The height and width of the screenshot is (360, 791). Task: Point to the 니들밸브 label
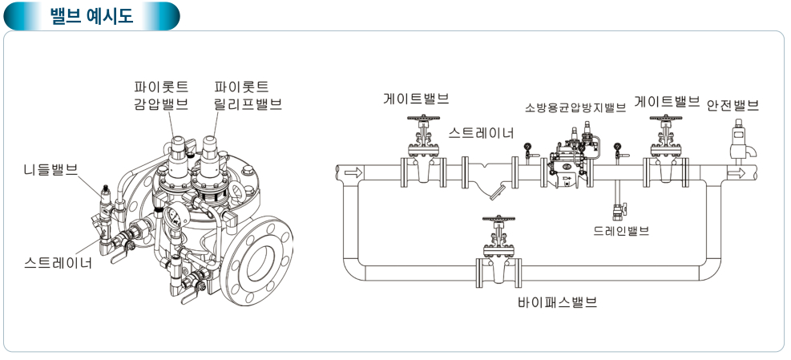50,169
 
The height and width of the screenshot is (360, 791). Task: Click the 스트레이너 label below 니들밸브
58,262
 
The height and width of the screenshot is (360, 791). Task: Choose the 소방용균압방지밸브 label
575,108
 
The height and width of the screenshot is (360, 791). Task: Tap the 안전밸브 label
732,106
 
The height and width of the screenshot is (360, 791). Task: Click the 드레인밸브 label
621,231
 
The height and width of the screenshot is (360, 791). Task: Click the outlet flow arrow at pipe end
735,172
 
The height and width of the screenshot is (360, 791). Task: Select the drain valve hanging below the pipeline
618,212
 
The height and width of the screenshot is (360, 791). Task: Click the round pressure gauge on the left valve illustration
172,215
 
